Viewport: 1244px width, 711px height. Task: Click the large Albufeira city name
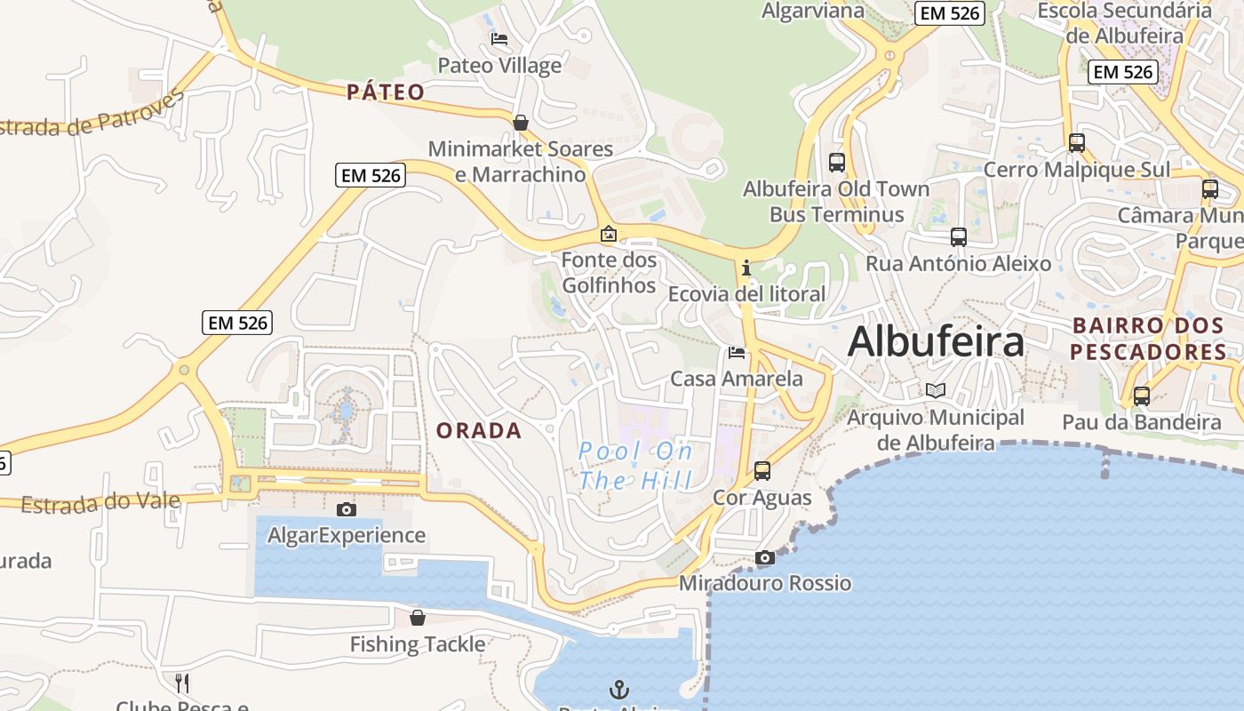[936, 342]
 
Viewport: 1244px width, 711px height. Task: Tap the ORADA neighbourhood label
[479, 431]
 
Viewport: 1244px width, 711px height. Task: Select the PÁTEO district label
[386, 92]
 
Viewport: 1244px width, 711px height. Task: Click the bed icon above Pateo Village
[499, 39]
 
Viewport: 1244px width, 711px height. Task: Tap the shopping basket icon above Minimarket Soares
[521, 123]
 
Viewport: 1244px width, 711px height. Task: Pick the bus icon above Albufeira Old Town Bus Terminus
[836, 162]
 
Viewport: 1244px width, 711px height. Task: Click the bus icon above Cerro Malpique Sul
[1076, 142]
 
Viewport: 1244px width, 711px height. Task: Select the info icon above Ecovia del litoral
[746, 267]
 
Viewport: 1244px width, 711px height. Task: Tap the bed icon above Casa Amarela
[737, 353]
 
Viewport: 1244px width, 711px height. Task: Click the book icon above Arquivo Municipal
[935, 390]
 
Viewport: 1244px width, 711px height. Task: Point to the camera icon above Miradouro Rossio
[764, 557]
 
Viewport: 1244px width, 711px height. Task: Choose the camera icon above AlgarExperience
[347, 509]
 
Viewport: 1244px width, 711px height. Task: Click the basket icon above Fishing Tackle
[417, 618]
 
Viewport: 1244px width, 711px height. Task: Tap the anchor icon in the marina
[618, 689]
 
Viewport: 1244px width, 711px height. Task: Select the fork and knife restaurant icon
[181, 683]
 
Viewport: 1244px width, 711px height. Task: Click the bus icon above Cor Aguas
[762, 471]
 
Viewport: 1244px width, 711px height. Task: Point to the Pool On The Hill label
[635, 466]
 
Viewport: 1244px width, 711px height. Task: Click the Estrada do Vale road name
[100, 503]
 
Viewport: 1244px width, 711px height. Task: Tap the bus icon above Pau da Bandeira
[1141, 396]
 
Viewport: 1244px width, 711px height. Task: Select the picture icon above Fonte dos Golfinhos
[609, 235]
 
